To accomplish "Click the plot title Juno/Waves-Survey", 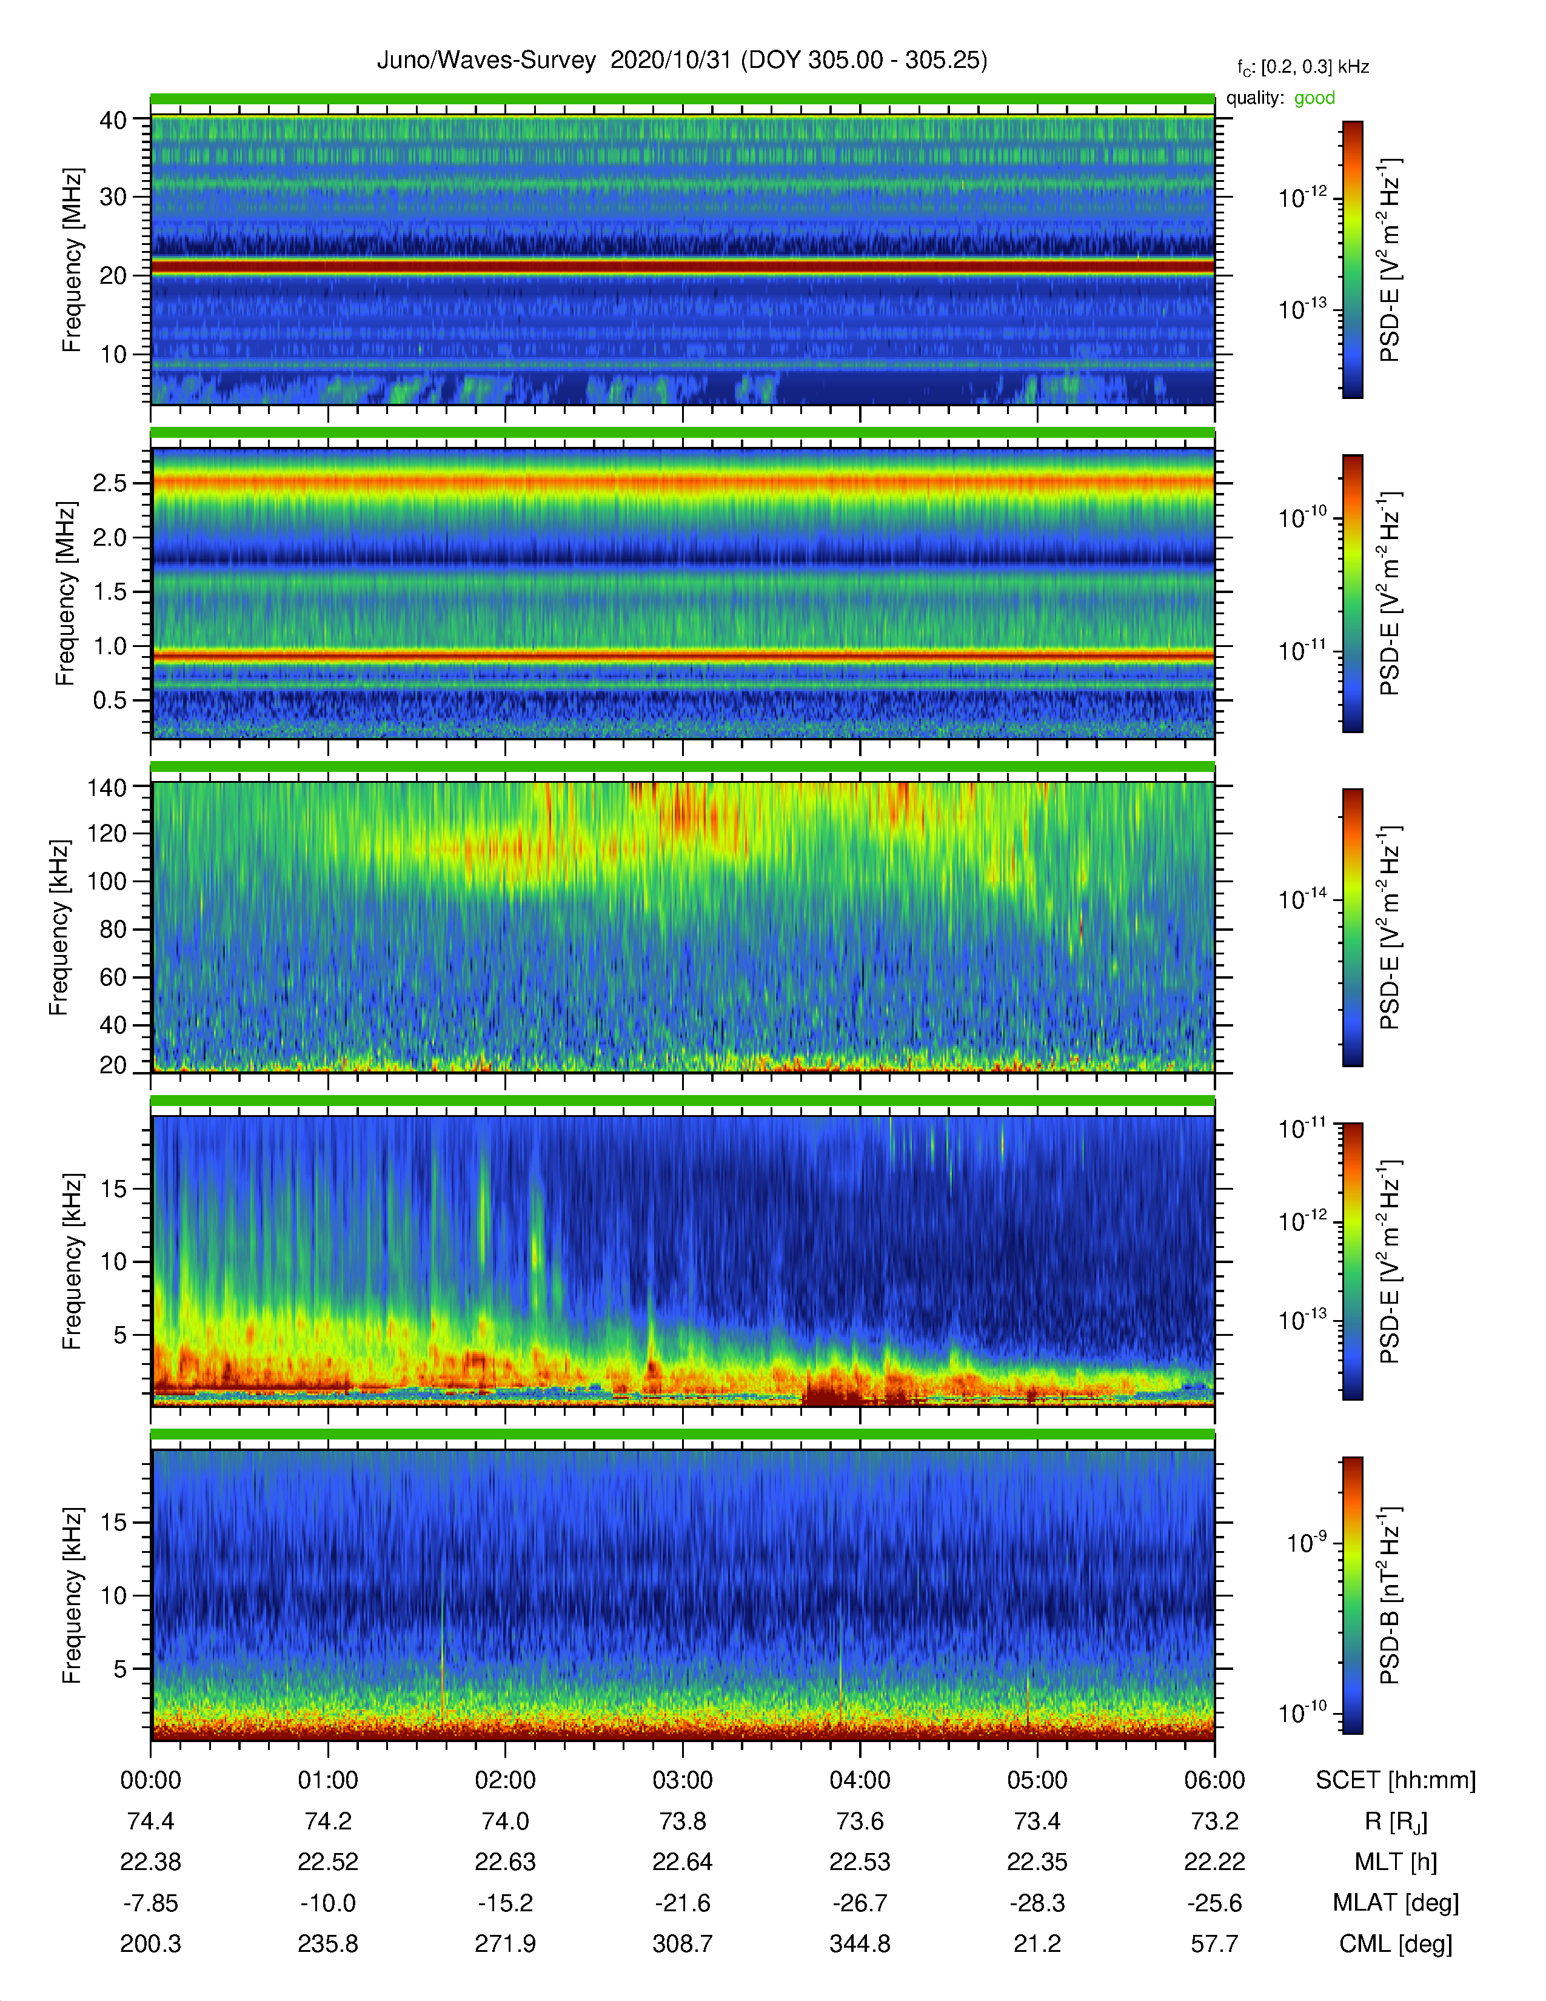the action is pyautogui.click(x=486, y=61).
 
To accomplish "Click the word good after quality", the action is pyautogui.click(x=1314, y=98).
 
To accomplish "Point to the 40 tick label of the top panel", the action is pyautogui.click(x=113, y=120).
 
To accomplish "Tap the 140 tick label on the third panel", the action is pyautogui.click(x=107, y=787).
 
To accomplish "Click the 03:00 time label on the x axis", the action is pyautogui.click(x=682, y=1780).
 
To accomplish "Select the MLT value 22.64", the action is pyautogui.click(x=682, y=1862).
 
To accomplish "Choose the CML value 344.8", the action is pyautogui.click(x=860, y=1943).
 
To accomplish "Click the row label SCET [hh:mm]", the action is pyautogui.click(x=1396, y=1780).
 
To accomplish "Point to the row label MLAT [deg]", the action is pyautogui.click(x=1396, y=1903).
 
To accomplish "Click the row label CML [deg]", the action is pyautogui.click(x=1396, y=1943).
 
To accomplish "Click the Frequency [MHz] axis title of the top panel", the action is pyautogui.click(x=72, y=260).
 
